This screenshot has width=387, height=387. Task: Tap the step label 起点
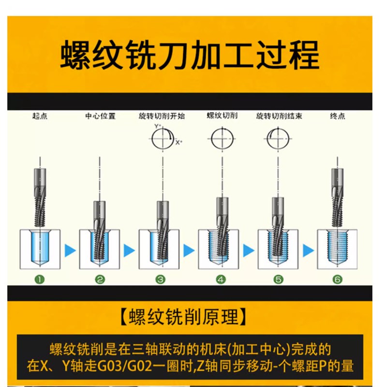point(40,117)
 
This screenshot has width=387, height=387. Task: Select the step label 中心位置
point(100,117)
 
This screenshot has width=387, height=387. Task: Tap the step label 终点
point(337,117)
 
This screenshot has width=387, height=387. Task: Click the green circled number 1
point(40,279)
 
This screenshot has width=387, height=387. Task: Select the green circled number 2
point(100,279)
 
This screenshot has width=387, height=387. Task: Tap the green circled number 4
point(221,279)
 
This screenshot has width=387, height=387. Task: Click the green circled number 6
point(337,279)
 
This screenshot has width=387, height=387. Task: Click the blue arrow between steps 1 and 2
point(70,251)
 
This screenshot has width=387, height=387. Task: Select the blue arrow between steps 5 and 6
point(307,251)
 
